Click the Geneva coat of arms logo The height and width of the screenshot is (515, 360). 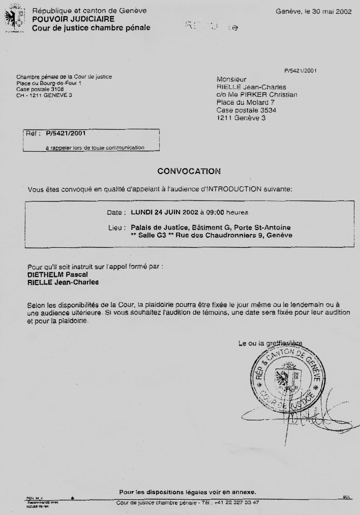point(14,19)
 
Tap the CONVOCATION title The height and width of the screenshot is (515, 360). point(189,171)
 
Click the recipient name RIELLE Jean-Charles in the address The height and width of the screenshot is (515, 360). point(251,87)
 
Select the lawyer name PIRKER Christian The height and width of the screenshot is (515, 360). point(272,95)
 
